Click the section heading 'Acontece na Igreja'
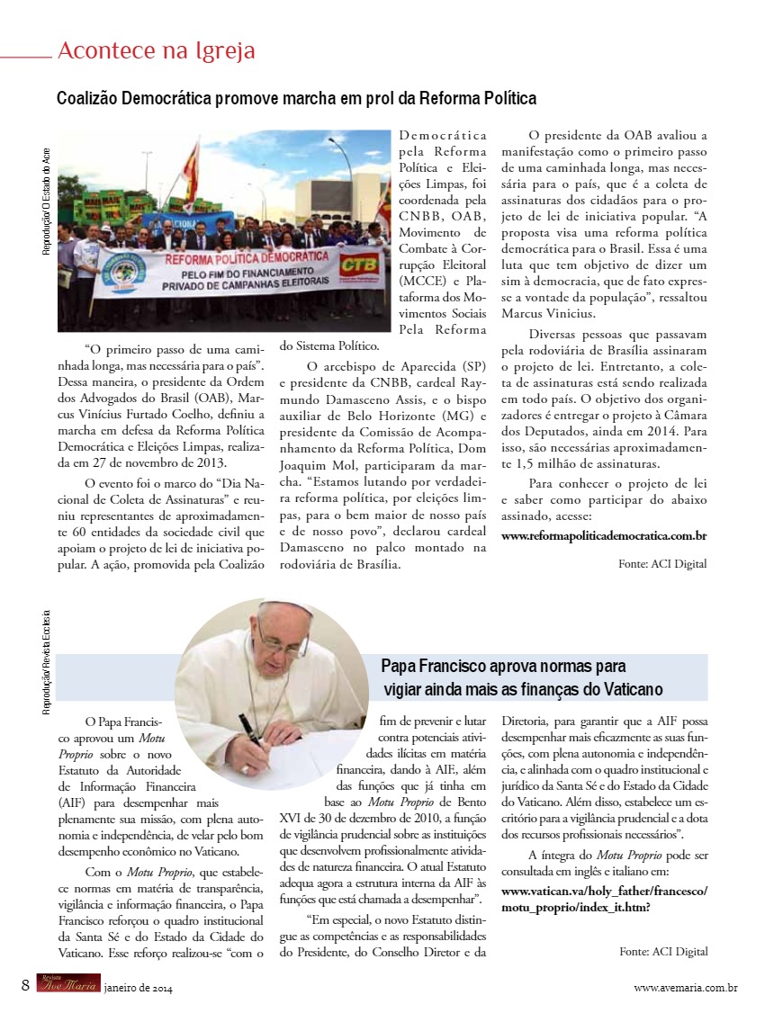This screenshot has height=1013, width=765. [x=156, y=51]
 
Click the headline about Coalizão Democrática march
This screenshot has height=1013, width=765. [x=296, y=98]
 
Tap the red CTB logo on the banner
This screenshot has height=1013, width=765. [x=360, y=265]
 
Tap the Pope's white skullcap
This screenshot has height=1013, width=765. [x=286, y=608]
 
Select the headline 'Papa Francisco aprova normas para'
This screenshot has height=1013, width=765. [x=503, y=667]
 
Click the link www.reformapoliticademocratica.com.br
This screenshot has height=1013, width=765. [x=603, y=535]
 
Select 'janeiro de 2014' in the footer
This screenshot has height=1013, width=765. [x=138, y=988]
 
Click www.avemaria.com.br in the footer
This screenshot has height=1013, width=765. [x=686, y=988]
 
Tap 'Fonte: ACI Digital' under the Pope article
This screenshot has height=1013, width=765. [x=662, y=951]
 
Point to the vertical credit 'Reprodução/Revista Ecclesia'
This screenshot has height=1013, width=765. [x=46, y=663]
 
